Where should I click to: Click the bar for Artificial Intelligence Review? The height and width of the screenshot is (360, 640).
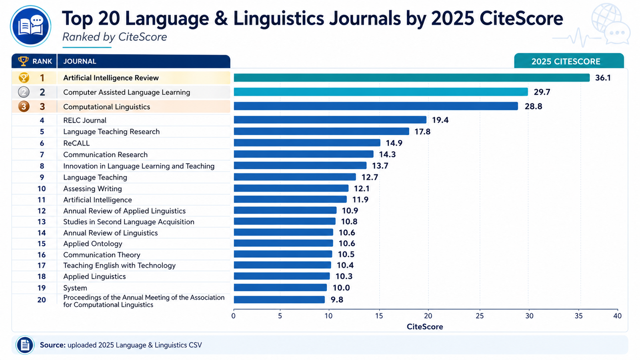click(412, 78)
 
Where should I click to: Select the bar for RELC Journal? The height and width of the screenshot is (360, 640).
click(330, 120)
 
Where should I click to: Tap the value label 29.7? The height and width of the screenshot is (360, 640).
click(542, 92)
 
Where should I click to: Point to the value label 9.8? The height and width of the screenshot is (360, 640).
click(337, 300)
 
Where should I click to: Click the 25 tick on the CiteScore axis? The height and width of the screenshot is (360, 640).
click(480, 316)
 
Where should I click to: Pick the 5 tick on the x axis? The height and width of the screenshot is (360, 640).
click(280, 316)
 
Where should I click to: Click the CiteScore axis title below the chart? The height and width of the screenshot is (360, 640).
click(425, 326)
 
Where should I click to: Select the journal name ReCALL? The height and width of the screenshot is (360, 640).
click(76, 143)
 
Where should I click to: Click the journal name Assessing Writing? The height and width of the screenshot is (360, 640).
click(92, 188)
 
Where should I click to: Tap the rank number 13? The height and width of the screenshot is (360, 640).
click(42, 222)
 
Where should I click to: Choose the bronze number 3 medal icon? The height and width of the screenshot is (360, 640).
click(24, 106)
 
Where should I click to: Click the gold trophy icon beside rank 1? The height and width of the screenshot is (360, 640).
click(24, 78)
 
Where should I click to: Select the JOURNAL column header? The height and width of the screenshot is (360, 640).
click(80, 62)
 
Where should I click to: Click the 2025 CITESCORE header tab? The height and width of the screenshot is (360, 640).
click(569, 61)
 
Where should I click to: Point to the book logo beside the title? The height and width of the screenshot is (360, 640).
click(30, 26)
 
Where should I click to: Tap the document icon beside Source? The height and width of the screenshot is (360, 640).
click(25, 345)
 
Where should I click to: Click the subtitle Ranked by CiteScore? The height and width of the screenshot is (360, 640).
click(114, 37)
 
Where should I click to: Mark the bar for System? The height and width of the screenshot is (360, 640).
click(280, 288)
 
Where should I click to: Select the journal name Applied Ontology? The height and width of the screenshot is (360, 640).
click(92, 244)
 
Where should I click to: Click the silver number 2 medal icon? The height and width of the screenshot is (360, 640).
click(24, 92)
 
